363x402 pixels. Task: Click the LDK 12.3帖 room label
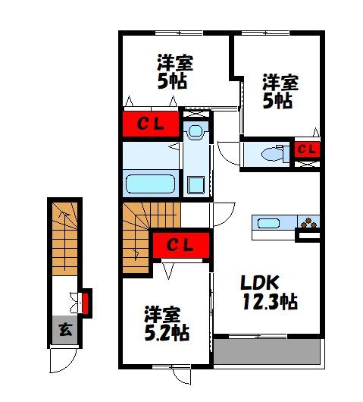pyautogui.click(x=269, y=293)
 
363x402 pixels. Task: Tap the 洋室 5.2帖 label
pyautogui.click(x=167, y=324)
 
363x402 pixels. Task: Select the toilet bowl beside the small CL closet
pyautogui.click(x=273, y=153)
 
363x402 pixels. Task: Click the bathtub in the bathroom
pyautogui.click(x=150, y=184)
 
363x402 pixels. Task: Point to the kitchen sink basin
pyautogui.click(x=268, y=223)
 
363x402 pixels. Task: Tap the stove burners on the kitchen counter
pyautogui.click(x=308, y=223)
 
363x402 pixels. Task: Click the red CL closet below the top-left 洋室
pyautogui.click(x=151, y=124)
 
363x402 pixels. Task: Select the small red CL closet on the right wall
pyautogui.click(x=307, y=149)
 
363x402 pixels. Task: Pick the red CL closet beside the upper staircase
pyautogui.click(x=181, y=245)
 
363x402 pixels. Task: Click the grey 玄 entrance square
pyautogui.click(x=65, y=330)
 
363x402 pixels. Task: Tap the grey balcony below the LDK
pyautogui.click(x=267, y=351)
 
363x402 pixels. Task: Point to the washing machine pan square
pyautogui.click(x=196, y=185)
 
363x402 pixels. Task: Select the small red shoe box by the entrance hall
pyautogui.click(x=85, y=303)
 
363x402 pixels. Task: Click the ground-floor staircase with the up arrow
pyautogui.click(x=65, y=239)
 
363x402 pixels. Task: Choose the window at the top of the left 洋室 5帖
pyautogui.click(x=179, y=33)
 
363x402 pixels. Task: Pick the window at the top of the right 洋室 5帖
pyautogui.click(x=266, y=33)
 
